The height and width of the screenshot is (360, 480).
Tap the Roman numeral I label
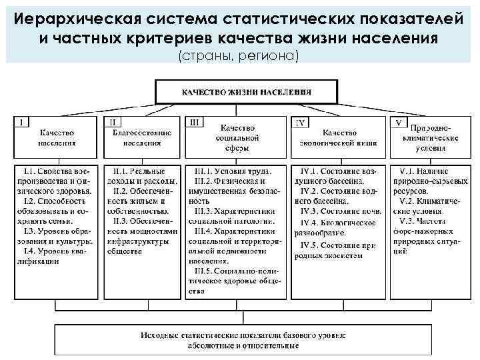pos(23,123)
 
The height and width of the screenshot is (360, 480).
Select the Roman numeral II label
pos(112,123)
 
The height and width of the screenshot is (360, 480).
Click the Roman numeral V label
pos(398,123)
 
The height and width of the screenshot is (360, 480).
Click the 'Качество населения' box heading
pos(57,137)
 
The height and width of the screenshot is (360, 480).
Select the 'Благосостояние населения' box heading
pos(142,137)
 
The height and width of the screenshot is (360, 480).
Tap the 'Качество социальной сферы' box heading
pos(239,137)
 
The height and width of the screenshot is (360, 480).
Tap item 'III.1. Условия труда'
pos(235,171)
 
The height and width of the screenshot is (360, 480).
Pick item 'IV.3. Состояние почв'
pos(337,211)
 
